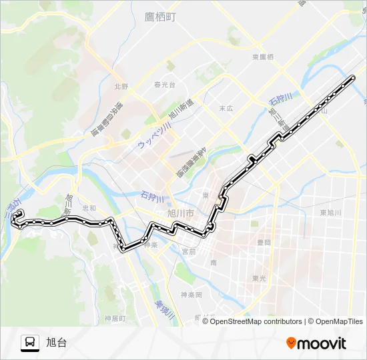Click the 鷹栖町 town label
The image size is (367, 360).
point(160,17)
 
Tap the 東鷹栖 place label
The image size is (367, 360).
point(263,58)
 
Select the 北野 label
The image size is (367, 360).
point(120,86)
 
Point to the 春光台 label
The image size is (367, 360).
point(164,85)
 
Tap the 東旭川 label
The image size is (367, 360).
point(330,213)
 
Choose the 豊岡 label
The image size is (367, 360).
point(263,243)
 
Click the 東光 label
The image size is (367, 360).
point(260,279)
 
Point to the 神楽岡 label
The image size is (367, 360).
point(190,294)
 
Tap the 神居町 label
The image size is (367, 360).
point(115,319)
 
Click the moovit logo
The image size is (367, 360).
point(316,343)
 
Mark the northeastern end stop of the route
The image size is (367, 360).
point(352,79)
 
